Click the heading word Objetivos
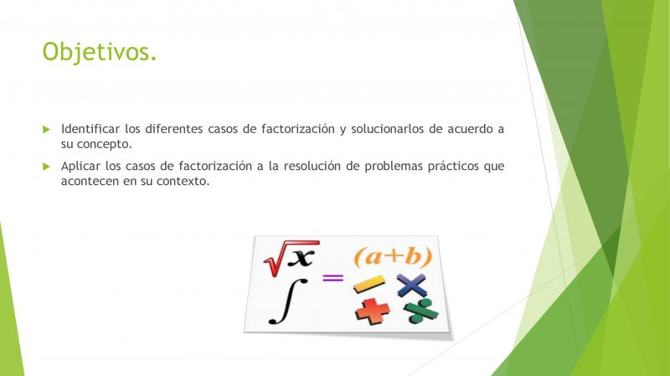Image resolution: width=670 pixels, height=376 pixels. coord(100,53)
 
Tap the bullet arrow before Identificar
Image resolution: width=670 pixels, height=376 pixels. coord(47,130)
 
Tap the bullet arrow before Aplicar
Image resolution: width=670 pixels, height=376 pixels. coord(47,167)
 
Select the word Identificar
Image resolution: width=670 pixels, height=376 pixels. coord(90,129)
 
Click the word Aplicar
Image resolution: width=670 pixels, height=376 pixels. coord(80,166)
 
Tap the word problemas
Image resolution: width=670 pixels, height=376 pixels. coord(394,166)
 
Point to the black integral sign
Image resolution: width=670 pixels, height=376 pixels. coord(288,301)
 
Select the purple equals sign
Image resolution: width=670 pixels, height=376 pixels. coord(332,278)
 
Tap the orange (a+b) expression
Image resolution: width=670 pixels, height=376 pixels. coord(393,256)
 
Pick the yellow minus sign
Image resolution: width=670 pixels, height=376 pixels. coord(369,284)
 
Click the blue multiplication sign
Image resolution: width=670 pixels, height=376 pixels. coord(411,285)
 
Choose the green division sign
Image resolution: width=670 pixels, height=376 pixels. coord(421,311)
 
